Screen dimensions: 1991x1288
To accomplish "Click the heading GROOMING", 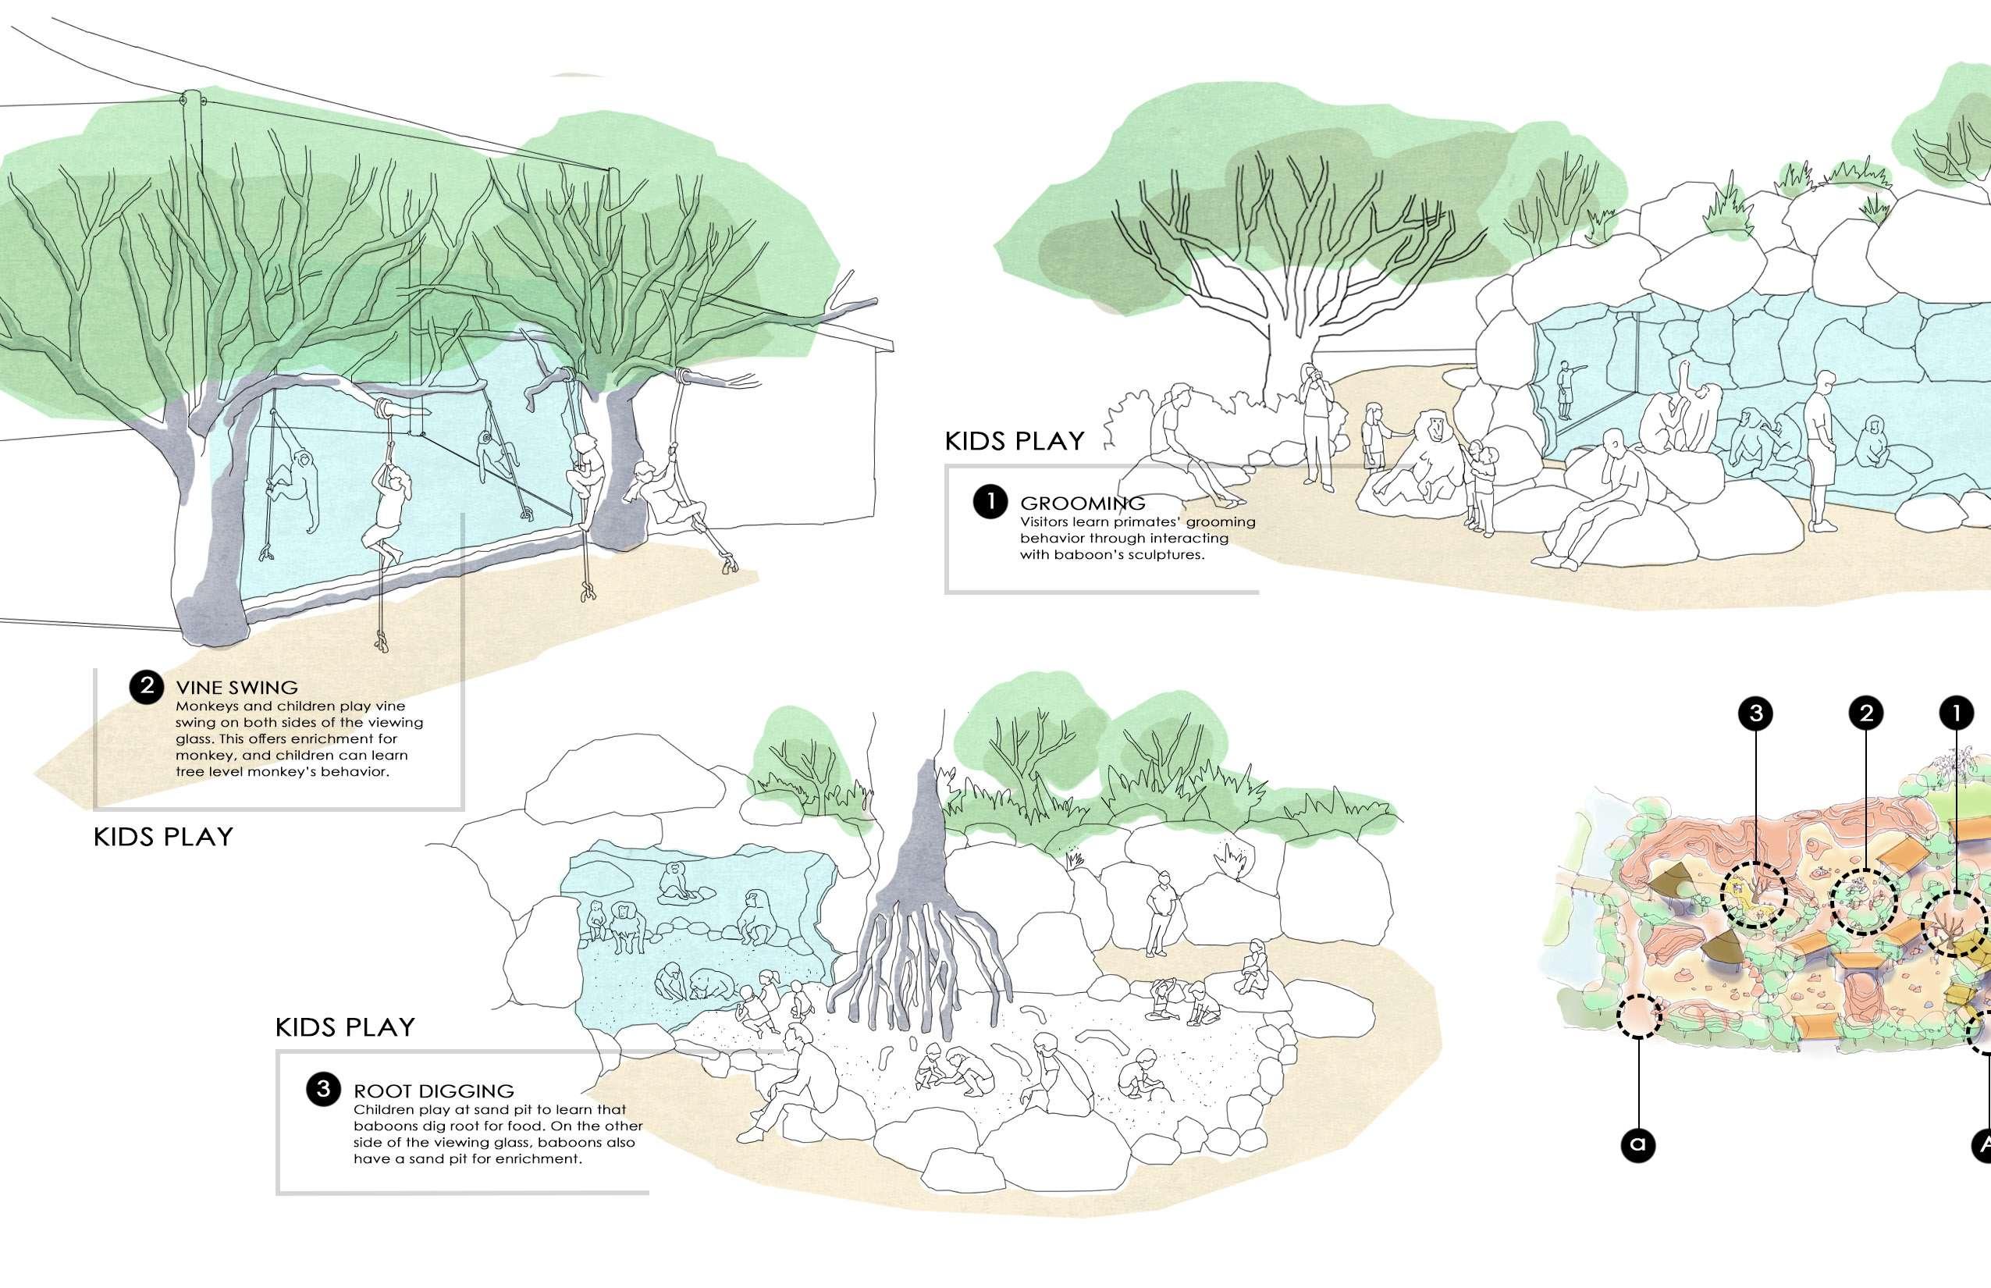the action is (1082, 503).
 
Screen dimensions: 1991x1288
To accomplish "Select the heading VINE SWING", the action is (236, 688).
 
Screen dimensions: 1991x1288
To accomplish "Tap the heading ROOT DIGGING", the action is (433, 1091).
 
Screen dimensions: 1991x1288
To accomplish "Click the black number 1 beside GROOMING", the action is (990, 503).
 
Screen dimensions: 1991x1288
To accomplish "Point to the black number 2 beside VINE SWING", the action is (146, 687).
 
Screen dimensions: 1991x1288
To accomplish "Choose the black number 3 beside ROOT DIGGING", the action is (324, 1090).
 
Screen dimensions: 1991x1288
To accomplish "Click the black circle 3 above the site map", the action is (1755, 713).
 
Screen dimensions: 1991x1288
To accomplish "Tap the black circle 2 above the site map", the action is (1865, 713).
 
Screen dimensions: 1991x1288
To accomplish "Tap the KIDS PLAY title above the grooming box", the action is (1015, 441).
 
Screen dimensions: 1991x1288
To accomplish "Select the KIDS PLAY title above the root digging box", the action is (344, 1027).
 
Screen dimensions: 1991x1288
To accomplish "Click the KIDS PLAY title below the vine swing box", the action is (163, 836).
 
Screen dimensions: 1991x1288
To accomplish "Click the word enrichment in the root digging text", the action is (537, 1159).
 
